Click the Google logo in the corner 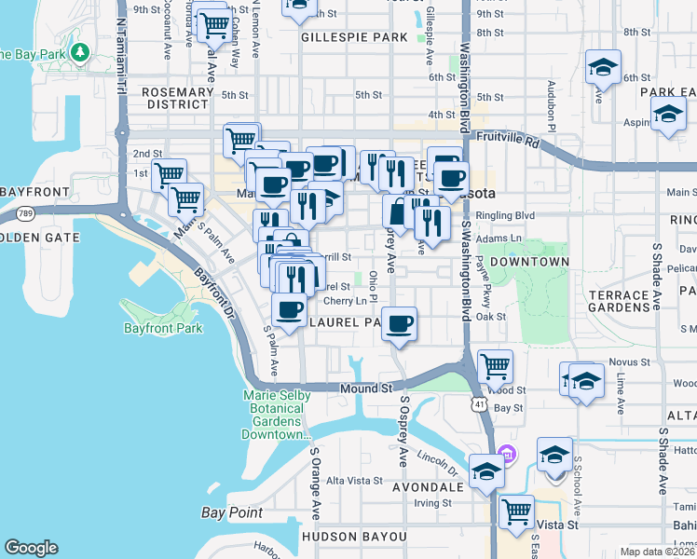pos(31,548)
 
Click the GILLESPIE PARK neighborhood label pos(354,37)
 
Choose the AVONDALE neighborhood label pos(428,487)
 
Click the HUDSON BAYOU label pos(353,537)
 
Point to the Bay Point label pos(231,512)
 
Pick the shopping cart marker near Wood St pos(495,367)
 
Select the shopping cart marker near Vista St pos(516,511)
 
